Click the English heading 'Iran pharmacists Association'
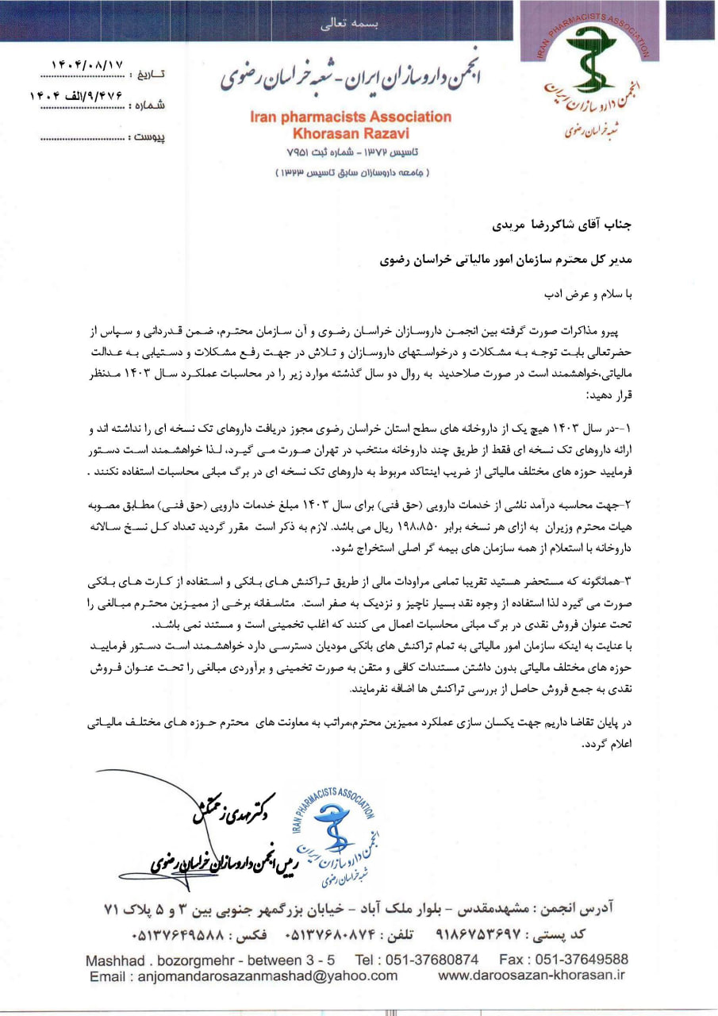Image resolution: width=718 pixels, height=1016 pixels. pos(351,117)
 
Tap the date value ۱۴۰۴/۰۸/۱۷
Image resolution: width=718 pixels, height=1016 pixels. pos(87,64)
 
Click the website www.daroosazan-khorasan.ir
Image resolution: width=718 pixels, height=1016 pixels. pos(532,976)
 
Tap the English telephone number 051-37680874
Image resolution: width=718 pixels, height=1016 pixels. pos(428,959)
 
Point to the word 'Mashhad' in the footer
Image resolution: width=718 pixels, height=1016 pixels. pos(117,959)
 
